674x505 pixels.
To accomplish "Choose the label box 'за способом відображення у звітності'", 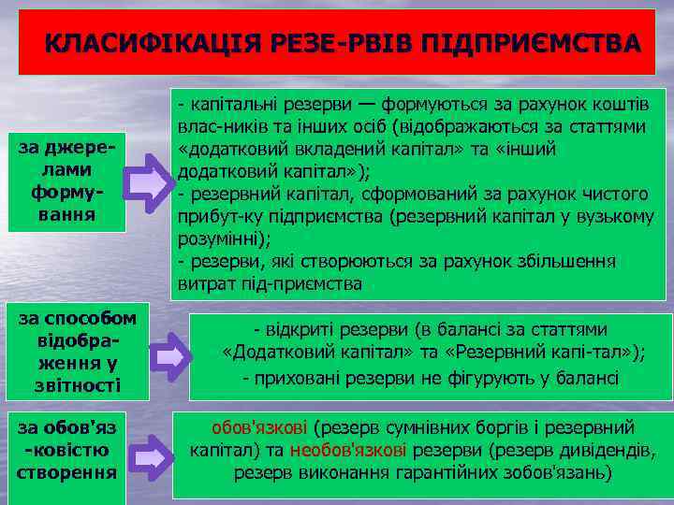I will [75, 352].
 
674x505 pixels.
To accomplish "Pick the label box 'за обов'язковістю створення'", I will [66, 450].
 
